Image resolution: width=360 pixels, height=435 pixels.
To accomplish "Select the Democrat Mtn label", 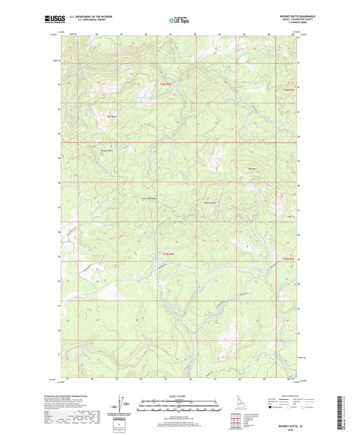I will pos(211,203).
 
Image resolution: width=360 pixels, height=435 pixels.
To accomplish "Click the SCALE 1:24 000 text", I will pos(179,396).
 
